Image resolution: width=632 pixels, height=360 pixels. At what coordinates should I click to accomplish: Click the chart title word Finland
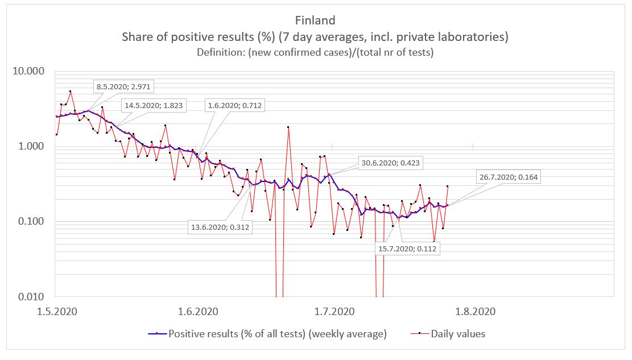click(x=315, y=20)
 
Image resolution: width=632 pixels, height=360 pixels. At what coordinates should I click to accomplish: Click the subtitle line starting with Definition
click(x=315, y=52)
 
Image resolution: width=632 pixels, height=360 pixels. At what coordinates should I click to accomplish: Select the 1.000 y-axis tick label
click(x=32, y=146)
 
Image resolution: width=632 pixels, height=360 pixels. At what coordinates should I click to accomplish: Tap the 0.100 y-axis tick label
click(x=32, y=221)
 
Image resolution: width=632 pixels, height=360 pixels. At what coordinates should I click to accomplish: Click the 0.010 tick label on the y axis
click(x=32, y=296)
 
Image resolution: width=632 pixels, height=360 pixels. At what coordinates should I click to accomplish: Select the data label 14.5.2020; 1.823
click(x=152, y=105)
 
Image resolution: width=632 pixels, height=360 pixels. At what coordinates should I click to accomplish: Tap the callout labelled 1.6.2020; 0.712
click(x=235, y=105)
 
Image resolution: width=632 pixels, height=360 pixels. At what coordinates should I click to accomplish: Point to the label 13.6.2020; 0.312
click(x=219, y=227)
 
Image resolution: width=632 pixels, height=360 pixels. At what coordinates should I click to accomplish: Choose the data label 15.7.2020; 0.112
click(x=408, y=248)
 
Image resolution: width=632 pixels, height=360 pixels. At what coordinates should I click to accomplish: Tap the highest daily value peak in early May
click(x=70, y=91)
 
